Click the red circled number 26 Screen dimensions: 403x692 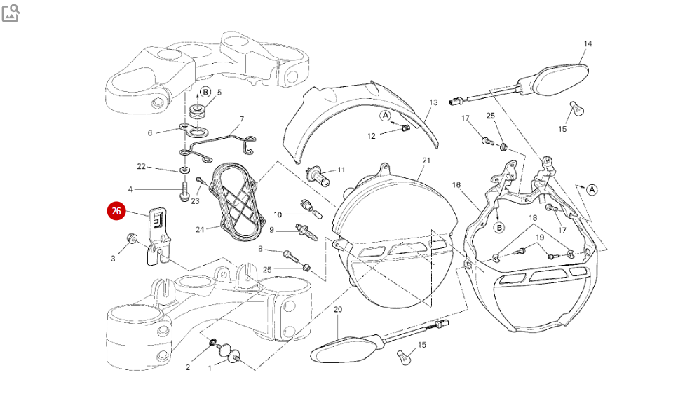pyautogui.click(x=116, y=210)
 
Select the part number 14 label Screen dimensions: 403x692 pyautogui.click(x=588, y=44)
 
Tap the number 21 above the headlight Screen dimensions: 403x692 pyautogui.click(x=426, y=160)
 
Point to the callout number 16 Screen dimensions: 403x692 pyautogui.click(x=456, y=185)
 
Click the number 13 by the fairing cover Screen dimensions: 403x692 pyautogui.click(x=433, y=102)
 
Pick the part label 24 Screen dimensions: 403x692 pyautogui.click(x=200, y=229)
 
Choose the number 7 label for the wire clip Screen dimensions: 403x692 pyautogui.click(x=242, y=119)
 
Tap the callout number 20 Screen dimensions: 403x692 pyautogui.click(x=338, y=309)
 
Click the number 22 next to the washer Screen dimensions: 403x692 pyautogui.click(x=141, y=166)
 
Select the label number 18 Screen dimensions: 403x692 pyautogui.click(x=533, y=218)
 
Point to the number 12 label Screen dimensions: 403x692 pyautogui.click(x=372, y=135)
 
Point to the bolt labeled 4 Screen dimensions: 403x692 pyautogui.click(x=184, y=191)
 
